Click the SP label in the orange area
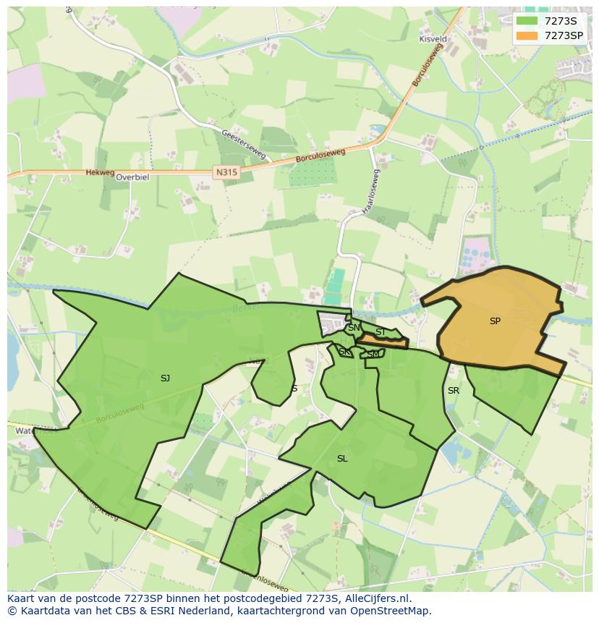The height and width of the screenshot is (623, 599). click(x=495, y=321)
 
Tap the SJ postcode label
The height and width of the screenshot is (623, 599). click(x=165, y=378)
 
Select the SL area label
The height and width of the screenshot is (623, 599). click(x=342, y=458)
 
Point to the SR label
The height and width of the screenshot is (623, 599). click(x=454, y=390)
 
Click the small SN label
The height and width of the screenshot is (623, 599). click(x=354, y=328)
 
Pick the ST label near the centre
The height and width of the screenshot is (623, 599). click(x=380, y=332)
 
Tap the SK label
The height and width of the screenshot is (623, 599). click(x=344, y=352)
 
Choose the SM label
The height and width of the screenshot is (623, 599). click(x=373, y=354)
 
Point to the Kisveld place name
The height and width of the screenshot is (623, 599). click(x=433, y=39)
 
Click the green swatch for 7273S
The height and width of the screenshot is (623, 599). click(x=527, y=20)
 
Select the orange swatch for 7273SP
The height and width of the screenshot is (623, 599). click(x=527, y=35)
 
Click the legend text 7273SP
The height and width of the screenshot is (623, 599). click(x=564, y=35)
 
